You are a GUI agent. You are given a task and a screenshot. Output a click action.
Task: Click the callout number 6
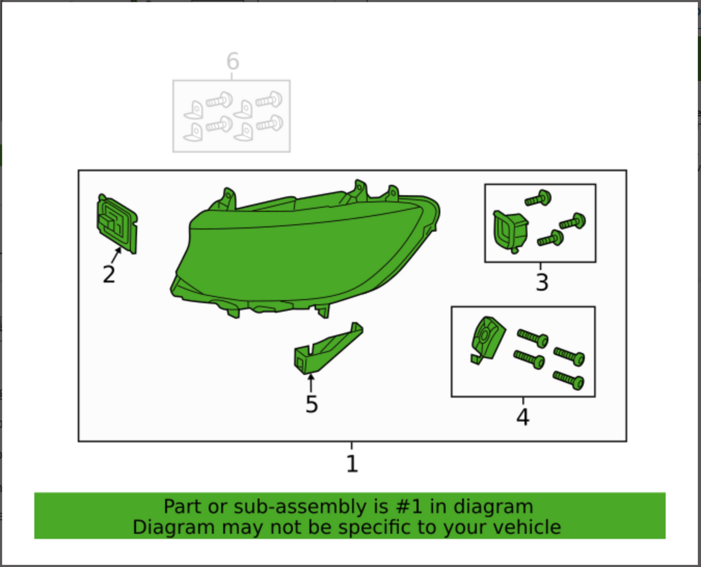pos(233,61)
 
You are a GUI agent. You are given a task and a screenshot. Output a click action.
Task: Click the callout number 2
pos(109,274)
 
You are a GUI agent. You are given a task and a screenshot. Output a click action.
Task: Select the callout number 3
pos(542,282)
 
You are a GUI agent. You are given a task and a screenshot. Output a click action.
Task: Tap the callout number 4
pos(523,417)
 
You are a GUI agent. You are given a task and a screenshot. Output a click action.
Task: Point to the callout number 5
pos(312,404)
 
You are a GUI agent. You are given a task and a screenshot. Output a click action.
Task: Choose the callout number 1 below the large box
pos(352,464)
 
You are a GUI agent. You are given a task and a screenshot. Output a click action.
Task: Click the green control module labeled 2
pos(117,224)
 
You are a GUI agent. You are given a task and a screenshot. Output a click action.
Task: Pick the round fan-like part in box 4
pos(487,340)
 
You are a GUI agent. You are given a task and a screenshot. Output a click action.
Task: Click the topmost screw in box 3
pos(538,199)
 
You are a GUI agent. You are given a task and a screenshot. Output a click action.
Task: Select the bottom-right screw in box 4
pos(568,381)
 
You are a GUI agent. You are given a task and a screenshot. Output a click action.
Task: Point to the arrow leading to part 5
pos(310,383)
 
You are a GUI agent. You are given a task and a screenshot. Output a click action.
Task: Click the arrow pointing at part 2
pos(116,255)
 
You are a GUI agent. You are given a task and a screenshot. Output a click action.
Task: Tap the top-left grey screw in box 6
pos(219,100)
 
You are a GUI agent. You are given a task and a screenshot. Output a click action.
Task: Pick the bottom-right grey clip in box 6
pos(244,132)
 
